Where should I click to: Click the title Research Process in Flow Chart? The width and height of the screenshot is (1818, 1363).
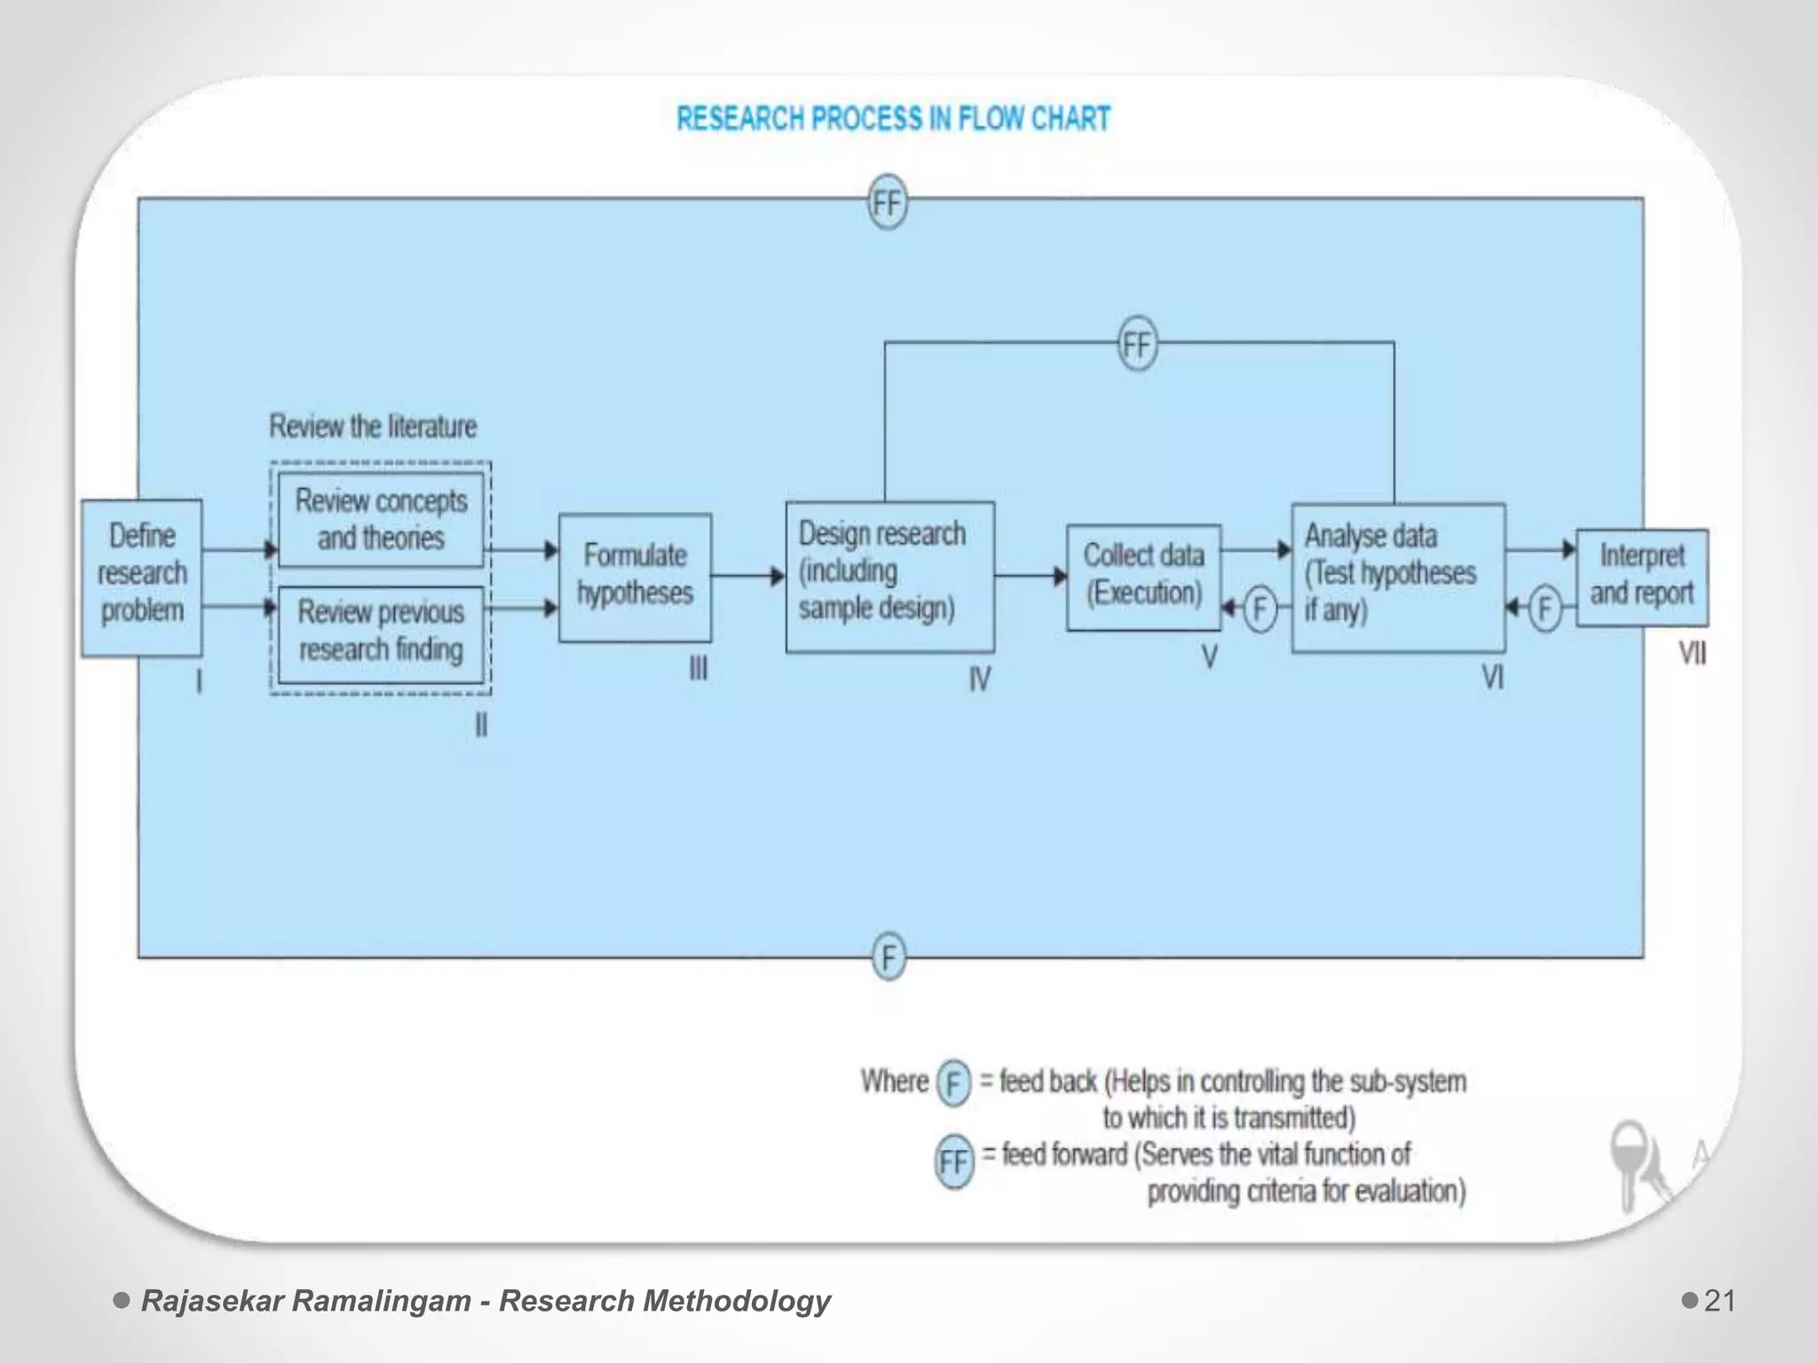click(x=893, y=119)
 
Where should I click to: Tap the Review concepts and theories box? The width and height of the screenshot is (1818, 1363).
click(x=381, y=520)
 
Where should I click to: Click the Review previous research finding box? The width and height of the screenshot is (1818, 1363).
click(x=381, y=632)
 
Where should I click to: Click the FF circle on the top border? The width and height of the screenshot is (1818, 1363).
click(x=887, y=202)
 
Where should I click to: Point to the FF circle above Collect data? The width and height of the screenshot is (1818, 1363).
click(x=1137, y=343)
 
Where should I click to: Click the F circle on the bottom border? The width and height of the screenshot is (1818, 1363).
click(x=889, y=957)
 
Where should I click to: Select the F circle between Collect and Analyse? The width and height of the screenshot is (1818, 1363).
click(x=1259, y=610)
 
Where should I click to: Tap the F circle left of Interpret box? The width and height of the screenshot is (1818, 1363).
click(x=1545, y=610)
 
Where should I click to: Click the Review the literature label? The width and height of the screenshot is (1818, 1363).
click(x=373, y=427)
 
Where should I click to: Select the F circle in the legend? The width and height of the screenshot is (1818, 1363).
click(x=953, y=1083)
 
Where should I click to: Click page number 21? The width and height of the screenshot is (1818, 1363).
click(x=1719, y=1301)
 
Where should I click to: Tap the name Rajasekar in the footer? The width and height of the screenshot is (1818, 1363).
click(x=212, y=1301)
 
